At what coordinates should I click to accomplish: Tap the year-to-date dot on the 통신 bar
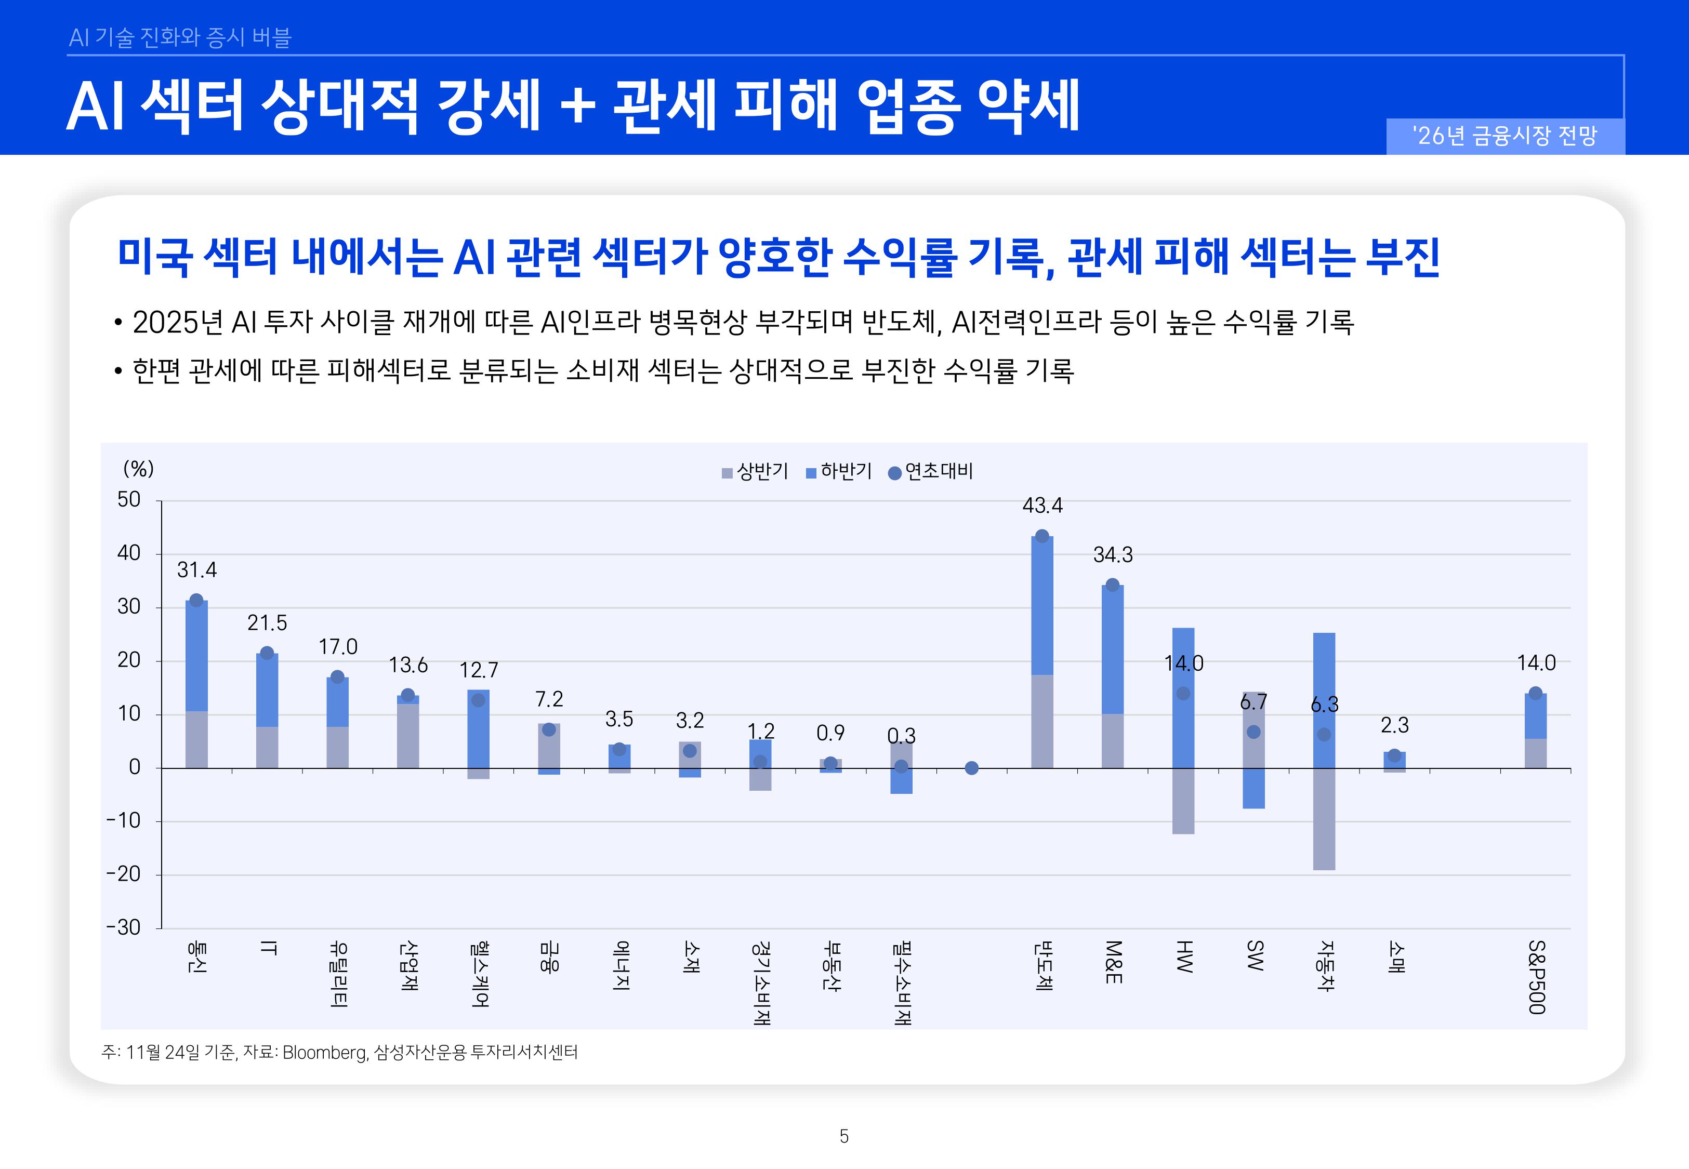coord(196,601)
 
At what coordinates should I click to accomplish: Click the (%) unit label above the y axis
coord(138,469)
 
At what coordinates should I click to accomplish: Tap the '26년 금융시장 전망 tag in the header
coord(1505,136)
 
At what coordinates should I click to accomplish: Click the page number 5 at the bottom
coord(844,1136)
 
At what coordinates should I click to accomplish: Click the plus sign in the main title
coord(577,106)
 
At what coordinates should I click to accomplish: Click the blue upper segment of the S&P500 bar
coord(1535,716)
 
